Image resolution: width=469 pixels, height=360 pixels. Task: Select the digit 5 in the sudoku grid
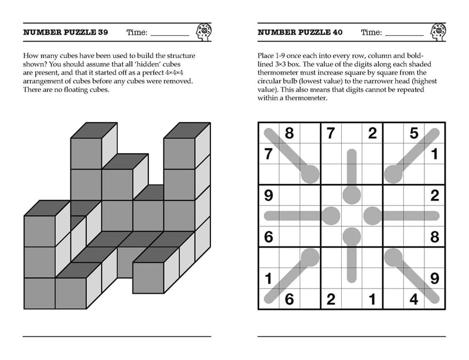tap(413, 134)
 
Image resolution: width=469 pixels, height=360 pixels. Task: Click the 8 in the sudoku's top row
tap(289, 134)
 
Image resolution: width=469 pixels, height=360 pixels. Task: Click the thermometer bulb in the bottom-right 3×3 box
tap(393, 257)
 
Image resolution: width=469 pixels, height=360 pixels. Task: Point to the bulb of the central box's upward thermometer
tap(351, 195)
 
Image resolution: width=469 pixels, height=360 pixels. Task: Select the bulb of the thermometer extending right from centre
tap(372, 215)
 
